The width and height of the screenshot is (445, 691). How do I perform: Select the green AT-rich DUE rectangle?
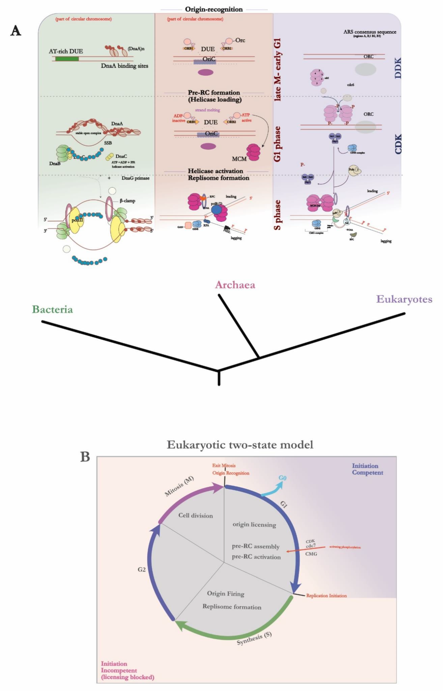pyautogui.click(x=67, y=59)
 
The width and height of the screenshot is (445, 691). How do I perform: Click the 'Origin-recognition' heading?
pyautogui.click(x=214, y=9)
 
